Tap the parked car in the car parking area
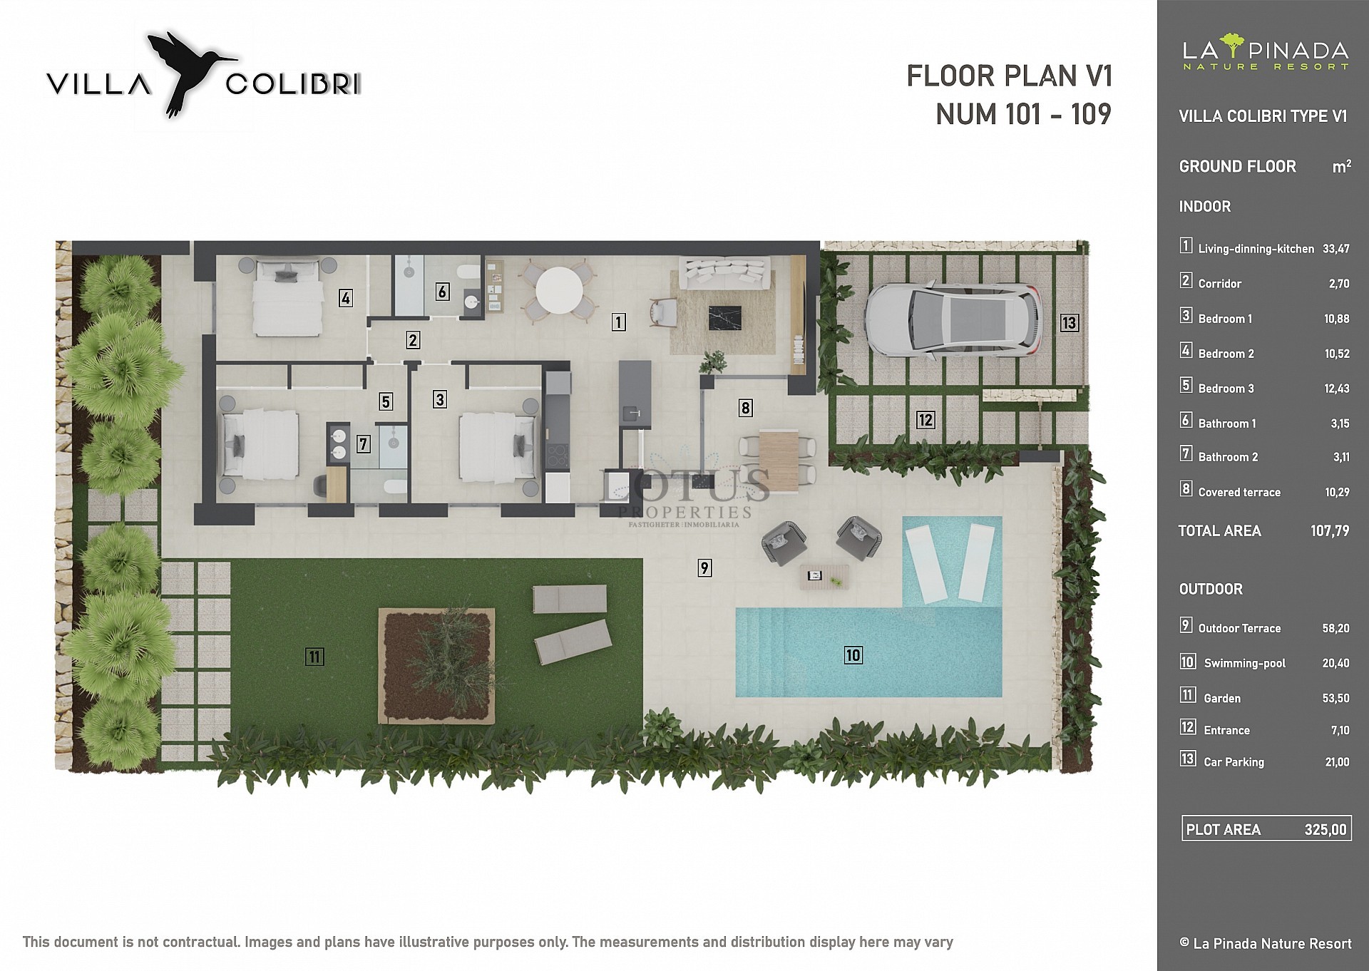tap(952, 319)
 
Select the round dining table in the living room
tap(559, 290)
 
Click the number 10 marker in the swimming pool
tap(853, 654)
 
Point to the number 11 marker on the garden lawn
tap(314, 657)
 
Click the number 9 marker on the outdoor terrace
tap(704, 567)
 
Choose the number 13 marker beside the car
tap(1068, 323)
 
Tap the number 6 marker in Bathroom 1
tap(442, 291)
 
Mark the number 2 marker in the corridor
tap(413, 340)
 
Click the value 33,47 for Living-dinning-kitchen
tap(1335, 249)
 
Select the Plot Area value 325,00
tap(1326, 830)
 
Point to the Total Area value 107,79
tap(1330, 530)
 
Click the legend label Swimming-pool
tap(1245, 663)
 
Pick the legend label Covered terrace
tap(1239, 492)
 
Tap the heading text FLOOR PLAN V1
tap(1009, 76)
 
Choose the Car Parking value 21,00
tap(1337, 762)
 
